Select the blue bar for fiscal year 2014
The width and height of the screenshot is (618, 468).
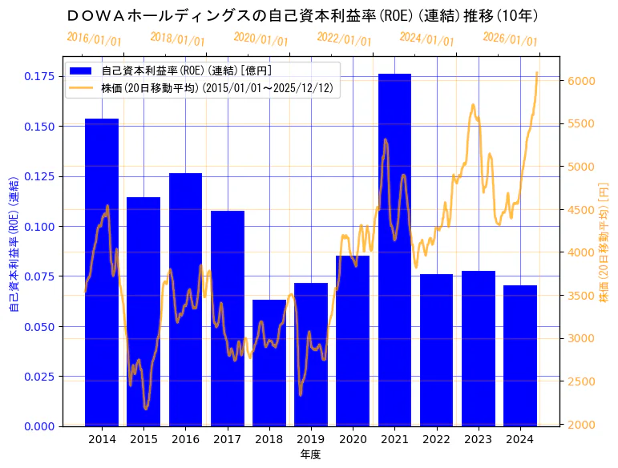point(102,272)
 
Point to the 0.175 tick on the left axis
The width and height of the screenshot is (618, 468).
point(38,76)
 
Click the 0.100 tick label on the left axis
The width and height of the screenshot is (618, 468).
point(38,227)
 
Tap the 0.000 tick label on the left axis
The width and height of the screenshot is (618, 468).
point(38,426)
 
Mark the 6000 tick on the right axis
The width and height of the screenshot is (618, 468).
point(581,81)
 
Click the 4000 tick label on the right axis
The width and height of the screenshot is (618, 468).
point(581,252)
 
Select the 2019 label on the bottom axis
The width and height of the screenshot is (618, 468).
point(310,439)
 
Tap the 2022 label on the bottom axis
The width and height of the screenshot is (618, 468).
point(436,439)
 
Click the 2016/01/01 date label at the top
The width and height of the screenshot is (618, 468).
point(95,39)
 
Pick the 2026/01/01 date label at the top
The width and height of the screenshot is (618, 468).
point(511,39)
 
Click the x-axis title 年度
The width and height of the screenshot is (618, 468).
point(310,454)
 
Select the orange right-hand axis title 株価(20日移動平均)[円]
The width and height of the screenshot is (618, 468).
point(604,241)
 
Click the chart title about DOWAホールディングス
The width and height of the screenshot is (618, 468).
point(303,15)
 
